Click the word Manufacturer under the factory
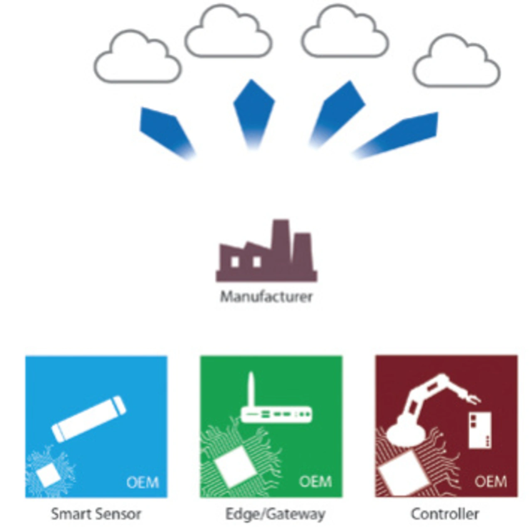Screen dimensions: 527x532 266,297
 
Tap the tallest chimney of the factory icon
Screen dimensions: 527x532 281,241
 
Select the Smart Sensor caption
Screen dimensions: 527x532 96,514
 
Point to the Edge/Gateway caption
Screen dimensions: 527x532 275,514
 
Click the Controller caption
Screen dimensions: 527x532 445,514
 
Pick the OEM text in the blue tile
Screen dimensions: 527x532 143,483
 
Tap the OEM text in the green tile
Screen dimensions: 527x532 315,482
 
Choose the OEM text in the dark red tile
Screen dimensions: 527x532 491,482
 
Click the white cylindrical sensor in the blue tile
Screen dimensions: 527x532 89,418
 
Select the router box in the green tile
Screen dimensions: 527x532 276,414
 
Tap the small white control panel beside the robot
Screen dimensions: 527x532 480,430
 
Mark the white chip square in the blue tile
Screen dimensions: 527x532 48,476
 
